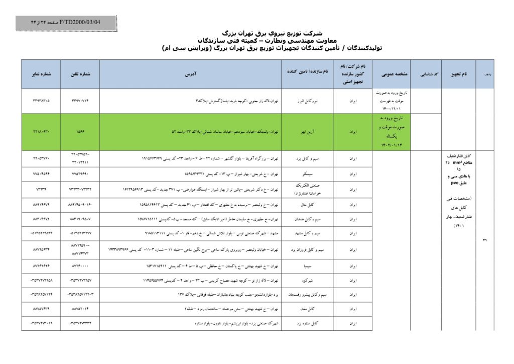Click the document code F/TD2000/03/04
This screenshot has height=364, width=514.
(80, 23)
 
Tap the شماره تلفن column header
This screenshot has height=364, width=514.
(80, 73)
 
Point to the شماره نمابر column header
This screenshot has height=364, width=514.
(41, 73)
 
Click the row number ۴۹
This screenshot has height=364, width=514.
(485, 240)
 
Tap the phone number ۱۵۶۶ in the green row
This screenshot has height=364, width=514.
(80, 132)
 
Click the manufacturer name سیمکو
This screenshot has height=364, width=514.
(307, 174)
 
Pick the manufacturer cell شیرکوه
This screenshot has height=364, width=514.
(307, 280)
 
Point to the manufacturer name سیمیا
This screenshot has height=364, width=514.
(307, 264)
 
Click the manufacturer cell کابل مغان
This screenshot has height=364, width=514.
(307, 309)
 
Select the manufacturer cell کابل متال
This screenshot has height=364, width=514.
(307, 205)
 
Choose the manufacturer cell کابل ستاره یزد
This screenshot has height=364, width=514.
(307, 323)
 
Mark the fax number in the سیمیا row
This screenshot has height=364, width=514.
(41, 264)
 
